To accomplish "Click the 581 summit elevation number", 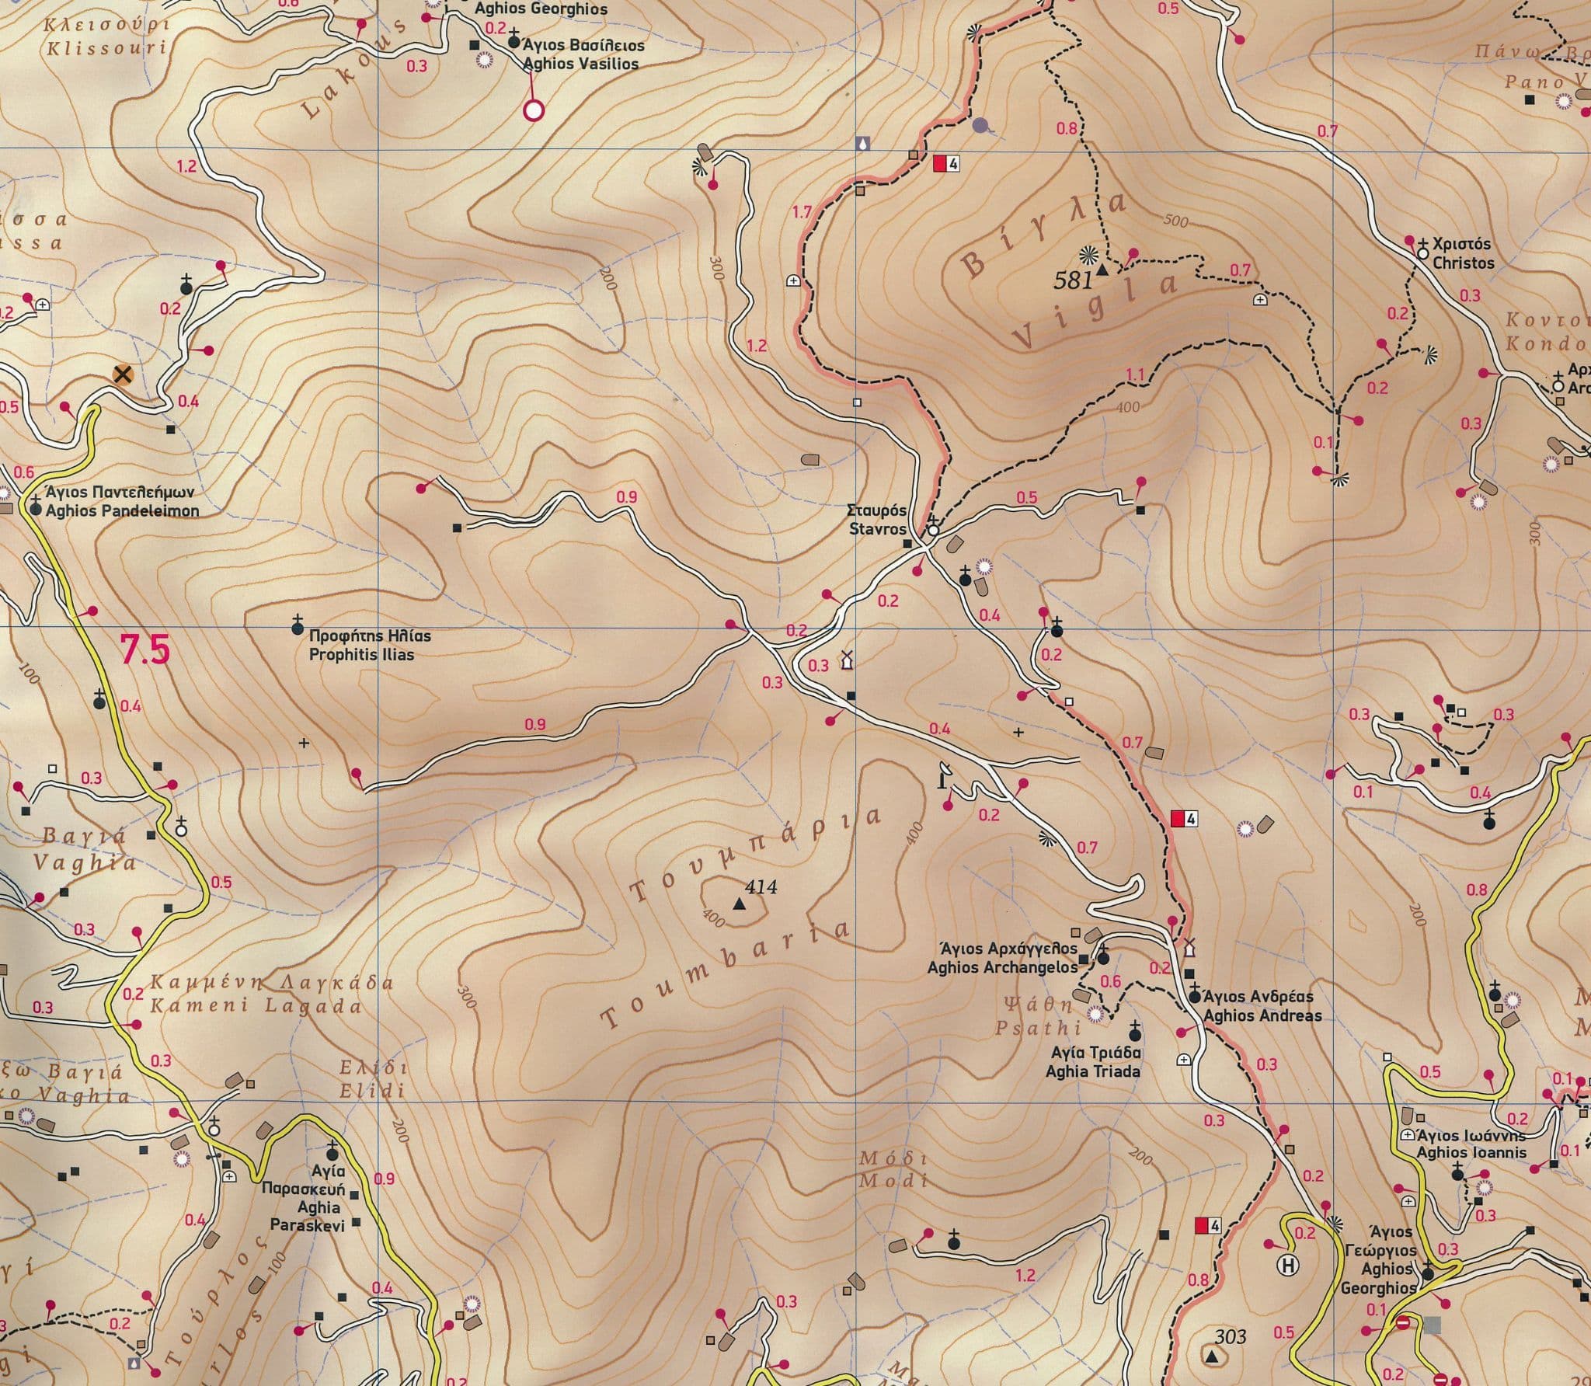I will coord(1073,280).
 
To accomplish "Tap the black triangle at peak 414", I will coord(738,905).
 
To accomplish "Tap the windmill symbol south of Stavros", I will coord(847,660).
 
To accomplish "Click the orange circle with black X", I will coord(122,375).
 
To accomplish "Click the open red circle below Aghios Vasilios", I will coord(533,110).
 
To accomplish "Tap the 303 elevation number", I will coord(1230,1336).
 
